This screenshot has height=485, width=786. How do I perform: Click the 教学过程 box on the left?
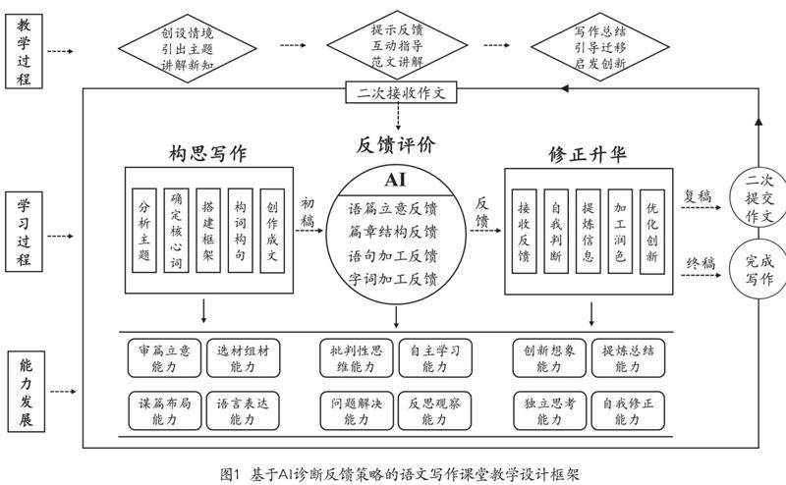(24, 49)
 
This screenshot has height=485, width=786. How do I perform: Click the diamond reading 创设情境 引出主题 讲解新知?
(187, 47)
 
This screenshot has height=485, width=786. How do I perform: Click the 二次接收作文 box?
(401, 93)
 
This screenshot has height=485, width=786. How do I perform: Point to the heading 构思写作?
(206, 154)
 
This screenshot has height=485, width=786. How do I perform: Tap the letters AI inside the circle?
(396, 180)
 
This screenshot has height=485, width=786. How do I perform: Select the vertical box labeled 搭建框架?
(208, 230)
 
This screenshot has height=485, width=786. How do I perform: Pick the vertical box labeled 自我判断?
(555, 230)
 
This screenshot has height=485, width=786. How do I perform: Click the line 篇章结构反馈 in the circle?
(394, 233)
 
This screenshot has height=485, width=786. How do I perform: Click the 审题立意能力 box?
(166, 357)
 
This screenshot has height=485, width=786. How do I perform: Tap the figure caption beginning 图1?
(401, 471)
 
